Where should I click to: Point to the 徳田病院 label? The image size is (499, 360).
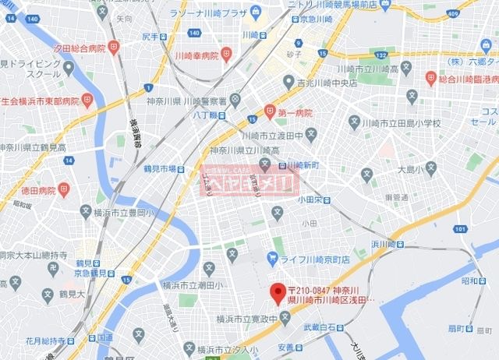point(37,190)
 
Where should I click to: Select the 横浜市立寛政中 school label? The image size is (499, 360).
point(246,318)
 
